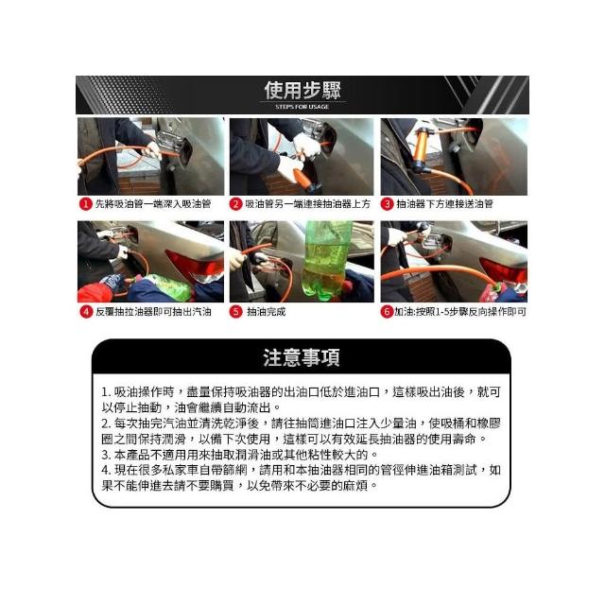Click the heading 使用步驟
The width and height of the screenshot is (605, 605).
(x=302, y=91)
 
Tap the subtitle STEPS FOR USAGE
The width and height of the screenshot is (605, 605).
(x=302, y=107)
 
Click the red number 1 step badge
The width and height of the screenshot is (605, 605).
(x=85, y=204)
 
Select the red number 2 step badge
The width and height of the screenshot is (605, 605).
(x=235, y=204)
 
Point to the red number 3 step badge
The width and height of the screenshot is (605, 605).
(x=387, y=204)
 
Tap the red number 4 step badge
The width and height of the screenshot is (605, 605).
(x=86, y=311)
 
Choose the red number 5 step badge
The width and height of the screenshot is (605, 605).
(x=235, y=311)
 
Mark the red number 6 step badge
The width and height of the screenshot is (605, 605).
(x=387, y=311)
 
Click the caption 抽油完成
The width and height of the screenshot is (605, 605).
(x=267, y=312)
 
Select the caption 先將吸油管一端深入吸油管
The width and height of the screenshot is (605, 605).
(x=153, y=204)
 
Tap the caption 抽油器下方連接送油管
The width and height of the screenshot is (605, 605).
(x=445, y=204)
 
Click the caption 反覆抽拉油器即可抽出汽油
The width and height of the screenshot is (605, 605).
(x=153, y=312)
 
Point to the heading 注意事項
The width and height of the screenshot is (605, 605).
(x=302, y=357)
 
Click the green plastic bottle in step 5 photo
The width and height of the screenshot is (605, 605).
(x=327, y=258)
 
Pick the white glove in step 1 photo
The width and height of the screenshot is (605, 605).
(x=152, y=150)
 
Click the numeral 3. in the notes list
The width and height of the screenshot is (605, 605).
(x=106, y=455)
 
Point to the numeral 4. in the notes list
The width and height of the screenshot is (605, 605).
(x=106, y=471)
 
